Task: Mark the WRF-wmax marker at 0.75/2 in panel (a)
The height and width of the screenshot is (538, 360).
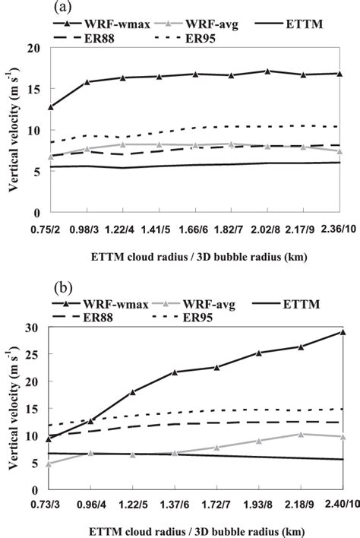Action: pos(51,107)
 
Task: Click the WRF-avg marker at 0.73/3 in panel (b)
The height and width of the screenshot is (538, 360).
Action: pos(51,464)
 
